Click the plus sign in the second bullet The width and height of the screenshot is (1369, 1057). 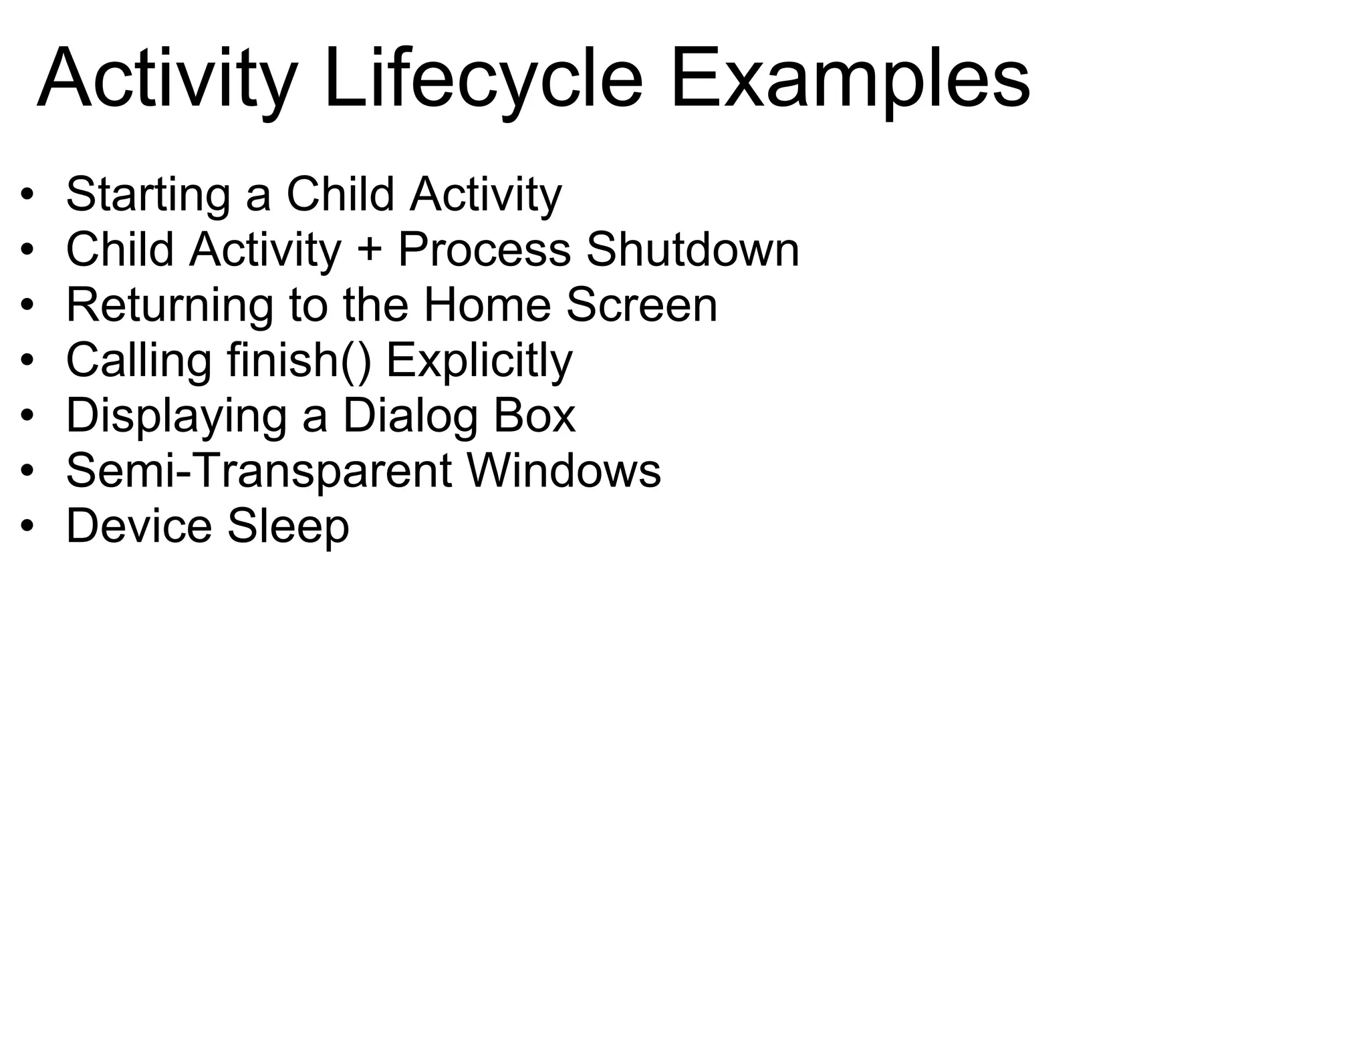370,250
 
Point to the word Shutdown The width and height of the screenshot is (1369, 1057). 693,250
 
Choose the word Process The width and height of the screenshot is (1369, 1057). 484,250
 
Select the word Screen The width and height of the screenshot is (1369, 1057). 642,305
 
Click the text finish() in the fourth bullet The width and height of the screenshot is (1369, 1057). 299,361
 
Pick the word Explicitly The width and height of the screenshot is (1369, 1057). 479,361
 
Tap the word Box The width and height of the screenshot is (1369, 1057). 534,416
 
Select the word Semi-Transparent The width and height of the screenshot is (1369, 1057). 259,471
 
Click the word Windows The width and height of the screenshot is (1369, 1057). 564,471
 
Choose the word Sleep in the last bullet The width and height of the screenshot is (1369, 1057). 288,526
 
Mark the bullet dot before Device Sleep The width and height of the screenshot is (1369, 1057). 27,527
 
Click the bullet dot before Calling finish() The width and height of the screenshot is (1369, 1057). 27,361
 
